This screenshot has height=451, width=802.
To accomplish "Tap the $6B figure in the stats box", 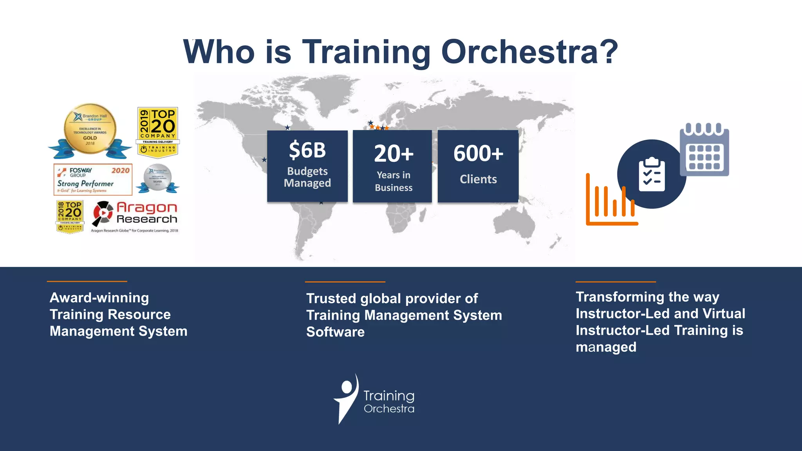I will [x=307, y=150].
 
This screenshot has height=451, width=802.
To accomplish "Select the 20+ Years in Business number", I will [x=394, y=153].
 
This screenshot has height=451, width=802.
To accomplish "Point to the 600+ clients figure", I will [x=478, y=153].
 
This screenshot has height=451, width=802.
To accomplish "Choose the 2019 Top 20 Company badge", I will [x=158, y=132].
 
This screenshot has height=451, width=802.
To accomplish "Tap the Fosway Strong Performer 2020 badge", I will [x=93, y=180].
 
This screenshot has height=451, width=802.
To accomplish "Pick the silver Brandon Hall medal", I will [x=157, y=178].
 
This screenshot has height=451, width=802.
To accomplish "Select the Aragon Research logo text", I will [x=146, y=213].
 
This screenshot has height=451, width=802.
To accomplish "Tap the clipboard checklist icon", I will [x=652, y=175].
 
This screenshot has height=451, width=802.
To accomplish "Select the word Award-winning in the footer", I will [x=99, y=298].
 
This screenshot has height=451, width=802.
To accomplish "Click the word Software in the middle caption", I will [x=335, y=332].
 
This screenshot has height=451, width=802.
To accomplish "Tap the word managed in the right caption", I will [x=606, y=347].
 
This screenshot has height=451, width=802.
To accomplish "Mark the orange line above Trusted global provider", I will [x=345, y=282].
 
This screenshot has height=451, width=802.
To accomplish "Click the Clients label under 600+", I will [x=478, y=179].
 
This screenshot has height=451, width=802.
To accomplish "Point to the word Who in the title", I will [x=219, y=52].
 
